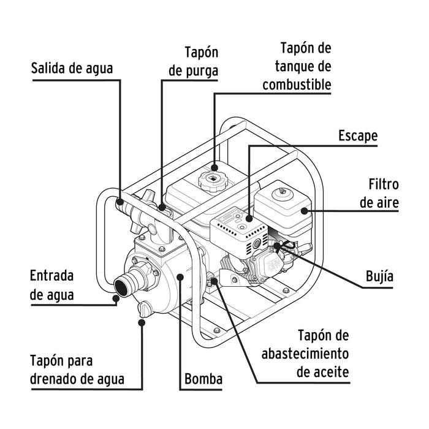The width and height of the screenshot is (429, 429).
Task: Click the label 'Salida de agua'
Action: pyautogui.click(x=72, y=68)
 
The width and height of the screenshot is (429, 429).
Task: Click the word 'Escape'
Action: pyautogui.click(x=358, y=135)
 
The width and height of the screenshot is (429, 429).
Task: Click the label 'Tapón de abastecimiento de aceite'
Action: pyautogui.click(x=305, y=354)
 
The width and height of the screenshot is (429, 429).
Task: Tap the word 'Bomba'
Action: pyautogui.click(x=203, y=379)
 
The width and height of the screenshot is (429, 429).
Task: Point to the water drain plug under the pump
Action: pyautogui.click(x=144, y=308)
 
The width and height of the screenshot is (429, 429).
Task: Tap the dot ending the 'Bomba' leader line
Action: pyautogui.click(x=180, y=277)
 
